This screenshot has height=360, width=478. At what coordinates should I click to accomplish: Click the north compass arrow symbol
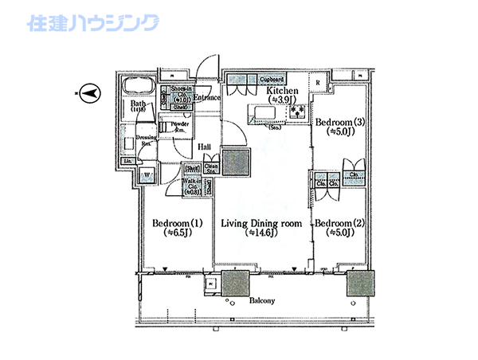click(90, 92)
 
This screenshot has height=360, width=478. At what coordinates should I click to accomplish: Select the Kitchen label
click(282, 92)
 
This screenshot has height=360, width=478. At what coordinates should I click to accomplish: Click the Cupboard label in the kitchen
click(272, 80)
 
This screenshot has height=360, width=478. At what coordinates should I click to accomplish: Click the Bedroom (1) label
click(173, 223)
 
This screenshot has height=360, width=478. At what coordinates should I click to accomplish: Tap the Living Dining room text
click(261, 223)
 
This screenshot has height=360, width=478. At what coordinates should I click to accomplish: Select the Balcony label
click(261, 300)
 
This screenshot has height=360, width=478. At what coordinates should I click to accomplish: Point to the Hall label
click(204, 147)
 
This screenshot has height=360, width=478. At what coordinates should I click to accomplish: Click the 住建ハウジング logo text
click(93, 23)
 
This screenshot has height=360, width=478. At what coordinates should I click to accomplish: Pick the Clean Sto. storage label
click(212, 168)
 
